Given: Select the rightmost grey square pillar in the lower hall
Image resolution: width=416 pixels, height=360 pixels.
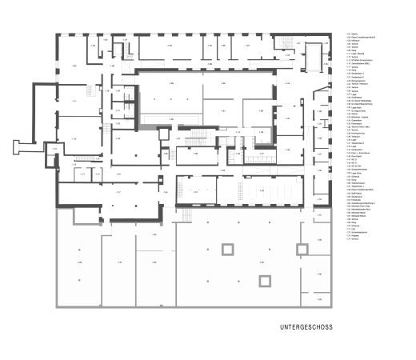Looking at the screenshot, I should pyautogui.click(x=302, y=250).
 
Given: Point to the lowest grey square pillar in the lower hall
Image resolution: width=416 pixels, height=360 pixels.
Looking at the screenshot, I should pyautogui.click(x=263, y=280).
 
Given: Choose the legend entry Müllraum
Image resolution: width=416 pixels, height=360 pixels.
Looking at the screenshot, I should pyautogui.click(x=355, y=40).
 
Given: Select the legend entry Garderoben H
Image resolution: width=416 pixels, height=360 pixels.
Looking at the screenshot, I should pyautogui.click(x=358, y=74).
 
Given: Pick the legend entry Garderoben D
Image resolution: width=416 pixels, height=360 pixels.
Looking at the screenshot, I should pyautogui.click(x=358, y=77).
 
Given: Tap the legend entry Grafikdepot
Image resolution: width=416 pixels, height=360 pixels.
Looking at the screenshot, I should pyautogui.click(x=357, y=98).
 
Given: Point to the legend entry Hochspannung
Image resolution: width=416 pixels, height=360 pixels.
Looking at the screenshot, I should pyautogui.click(x=358, y=134).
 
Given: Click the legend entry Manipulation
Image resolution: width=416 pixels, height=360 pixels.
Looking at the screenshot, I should pyautogui.click(x=357, y=150).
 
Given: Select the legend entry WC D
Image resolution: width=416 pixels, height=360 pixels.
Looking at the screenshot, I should pyautogui.click(x=354, y=159).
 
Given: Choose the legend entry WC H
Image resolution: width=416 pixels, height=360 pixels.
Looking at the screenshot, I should pyautogui.click(x=354, y=162).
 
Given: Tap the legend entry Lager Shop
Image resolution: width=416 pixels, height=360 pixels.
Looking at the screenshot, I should pyautogui.click(x=356, y=173).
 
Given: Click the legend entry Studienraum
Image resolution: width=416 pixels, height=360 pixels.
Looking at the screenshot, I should pyautogui.click(x=357, y=197).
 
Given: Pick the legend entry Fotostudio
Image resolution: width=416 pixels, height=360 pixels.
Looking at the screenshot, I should pyautogui.click(x=356, y=200).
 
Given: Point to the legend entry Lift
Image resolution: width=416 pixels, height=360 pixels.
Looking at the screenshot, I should pyautogui.click(x=353, y=229).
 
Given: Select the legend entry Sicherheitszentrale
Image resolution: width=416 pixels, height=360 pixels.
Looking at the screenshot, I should pyautogui.click(x=359, y=232).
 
